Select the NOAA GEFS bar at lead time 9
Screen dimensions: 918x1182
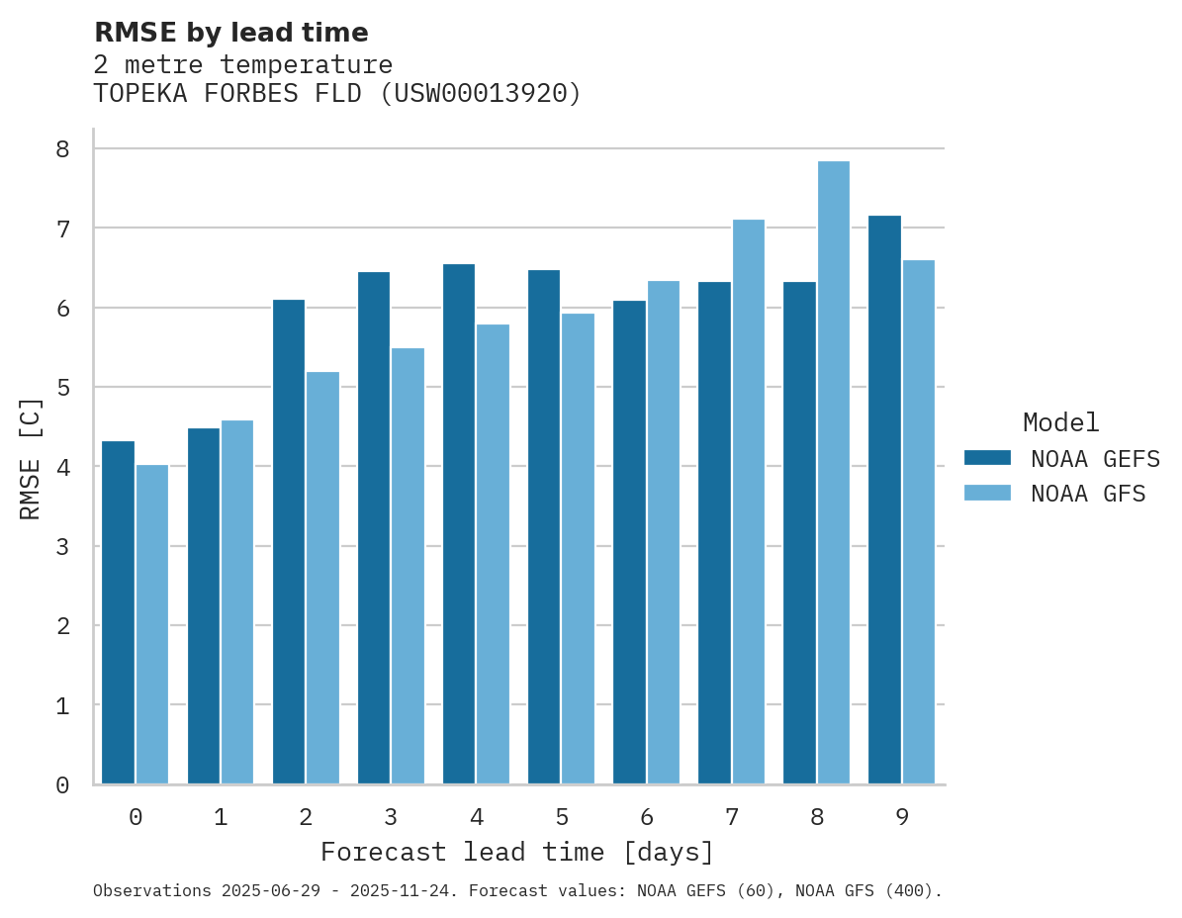tap(884, 500)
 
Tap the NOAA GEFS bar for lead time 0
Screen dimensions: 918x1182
tap(118, 612)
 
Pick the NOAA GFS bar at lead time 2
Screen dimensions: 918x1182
tap(322, 578)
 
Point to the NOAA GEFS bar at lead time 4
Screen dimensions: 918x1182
tap(459, 524)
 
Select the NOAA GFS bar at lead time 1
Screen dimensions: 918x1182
tap(237, 602)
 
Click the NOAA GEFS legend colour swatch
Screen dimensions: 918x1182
tap(987, 457)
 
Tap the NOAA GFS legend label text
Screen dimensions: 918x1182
tap(1088, 494)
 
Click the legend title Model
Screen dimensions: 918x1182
tap(1060, 422)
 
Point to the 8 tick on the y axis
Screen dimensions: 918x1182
tap(62, 148)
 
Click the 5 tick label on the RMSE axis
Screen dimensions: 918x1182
tap(62, 387)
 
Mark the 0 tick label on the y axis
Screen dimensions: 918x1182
tap(62, 785)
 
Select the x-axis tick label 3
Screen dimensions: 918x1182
tap(391, 817)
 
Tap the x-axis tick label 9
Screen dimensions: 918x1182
tap(902, 817)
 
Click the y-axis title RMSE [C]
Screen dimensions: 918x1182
tap(31, 458)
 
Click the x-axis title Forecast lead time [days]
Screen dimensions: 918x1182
tap(516, 852)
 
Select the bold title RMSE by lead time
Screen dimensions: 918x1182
tap(230, 33)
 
